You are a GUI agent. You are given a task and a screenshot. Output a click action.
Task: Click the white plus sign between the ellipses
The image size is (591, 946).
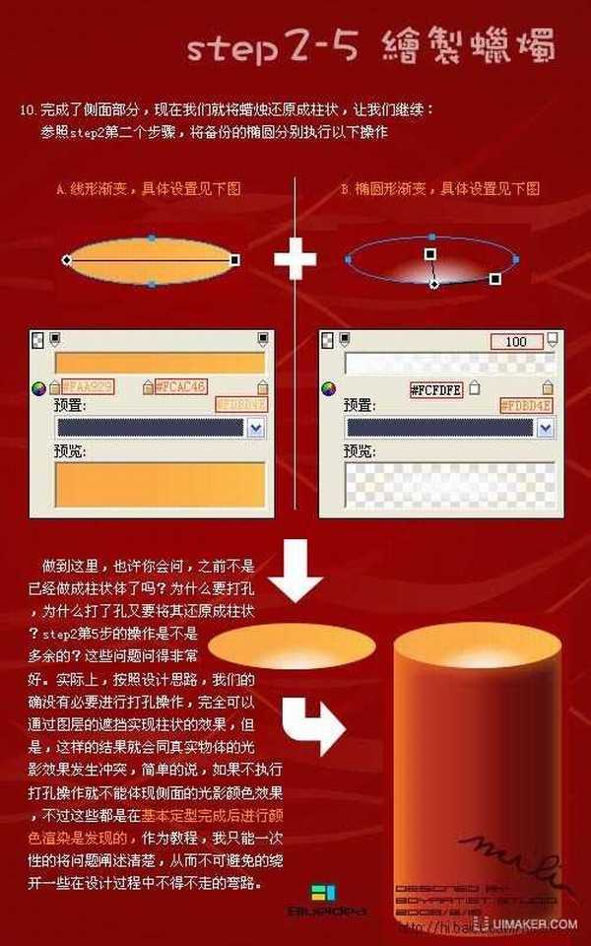(295, 260)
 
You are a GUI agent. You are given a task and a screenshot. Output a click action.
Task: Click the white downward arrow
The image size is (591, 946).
(296, 571)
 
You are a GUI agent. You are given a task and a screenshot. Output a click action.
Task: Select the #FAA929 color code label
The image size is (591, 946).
(87, 387)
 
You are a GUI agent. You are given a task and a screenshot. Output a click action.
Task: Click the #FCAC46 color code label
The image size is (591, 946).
(179, 387)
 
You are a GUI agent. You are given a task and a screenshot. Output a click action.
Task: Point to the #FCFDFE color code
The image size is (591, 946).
(435, 389)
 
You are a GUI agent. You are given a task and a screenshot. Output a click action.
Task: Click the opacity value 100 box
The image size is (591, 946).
(516, 342)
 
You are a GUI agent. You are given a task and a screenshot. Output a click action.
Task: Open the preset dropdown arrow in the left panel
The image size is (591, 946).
(256, 428)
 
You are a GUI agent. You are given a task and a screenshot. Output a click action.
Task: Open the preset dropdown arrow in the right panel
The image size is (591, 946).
(544, 428)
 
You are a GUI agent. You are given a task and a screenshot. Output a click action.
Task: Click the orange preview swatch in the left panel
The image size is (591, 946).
(161, 486)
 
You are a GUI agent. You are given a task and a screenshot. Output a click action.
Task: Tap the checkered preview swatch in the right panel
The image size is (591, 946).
(447, 486)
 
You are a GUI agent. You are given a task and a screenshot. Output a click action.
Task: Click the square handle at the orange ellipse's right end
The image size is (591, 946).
(234, 260)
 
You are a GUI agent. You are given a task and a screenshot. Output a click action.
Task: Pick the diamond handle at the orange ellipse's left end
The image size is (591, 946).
(66, 260)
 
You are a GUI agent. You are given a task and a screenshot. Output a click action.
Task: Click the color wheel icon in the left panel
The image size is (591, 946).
(39, 388)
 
